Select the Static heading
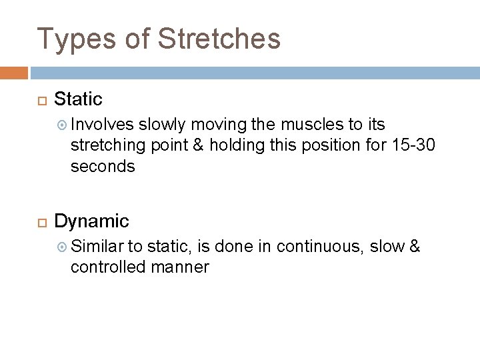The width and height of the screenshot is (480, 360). pos(78,100)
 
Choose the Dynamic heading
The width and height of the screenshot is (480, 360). pos(91,221)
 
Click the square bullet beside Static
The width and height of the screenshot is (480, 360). pos(40,101)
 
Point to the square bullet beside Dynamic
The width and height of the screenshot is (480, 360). pos(40,221)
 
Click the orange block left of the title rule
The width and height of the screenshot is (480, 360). pos(13,72)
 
